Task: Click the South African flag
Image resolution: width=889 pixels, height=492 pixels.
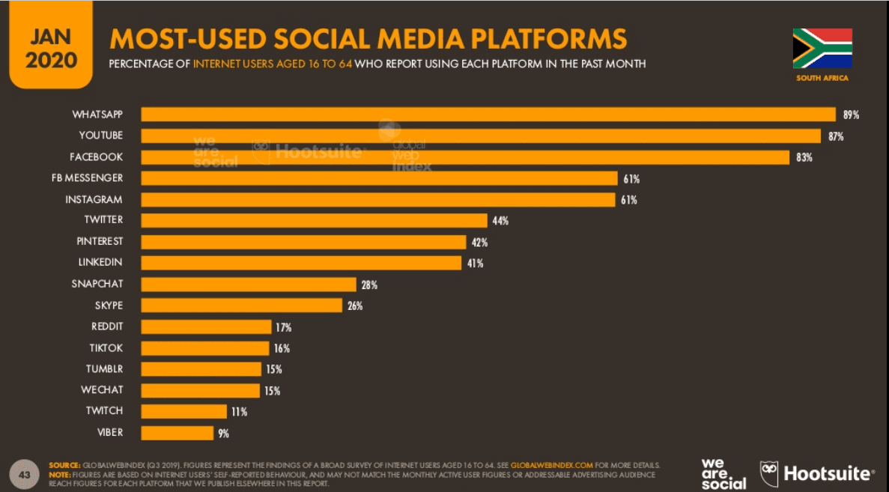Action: pos(822,48)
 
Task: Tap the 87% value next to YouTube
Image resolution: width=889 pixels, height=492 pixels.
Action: pos(836,136)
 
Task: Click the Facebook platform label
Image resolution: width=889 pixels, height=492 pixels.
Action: pos(97,157)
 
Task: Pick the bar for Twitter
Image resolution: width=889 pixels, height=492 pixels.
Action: pos(315,220)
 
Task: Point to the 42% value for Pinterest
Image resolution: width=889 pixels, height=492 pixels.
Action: pos(479,242)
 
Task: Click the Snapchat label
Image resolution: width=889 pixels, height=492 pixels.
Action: pos(97,284)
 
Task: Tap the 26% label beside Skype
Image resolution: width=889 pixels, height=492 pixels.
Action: pos(355,306)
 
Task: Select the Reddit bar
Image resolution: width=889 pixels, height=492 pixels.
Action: pos(206,327)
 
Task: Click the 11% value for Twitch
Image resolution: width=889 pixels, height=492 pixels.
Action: pos(239,411)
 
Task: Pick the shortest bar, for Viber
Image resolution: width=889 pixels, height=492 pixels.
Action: pos(177,432)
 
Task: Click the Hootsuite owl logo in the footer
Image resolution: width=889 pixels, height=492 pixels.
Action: pos(769,473)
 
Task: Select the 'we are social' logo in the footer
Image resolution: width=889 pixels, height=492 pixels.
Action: pos(723,473)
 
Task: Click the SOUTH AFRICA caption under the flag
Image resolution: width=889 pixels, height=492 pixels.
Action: pos(822,79)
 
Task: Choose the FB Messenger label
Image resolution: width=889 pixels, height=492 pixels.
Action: pos(88,177)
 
